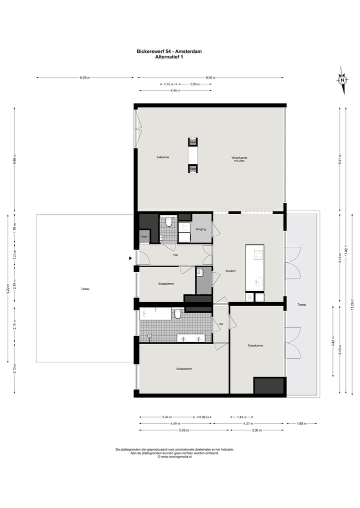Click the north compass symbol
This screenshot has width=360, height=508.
click(x=342, y=80)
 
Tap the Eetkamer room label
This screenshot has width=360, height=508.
click(x=163, y=157)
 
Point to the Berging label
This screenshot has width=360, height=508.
click(x=201, y=229)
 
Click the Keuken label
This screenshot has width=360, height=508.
click(x=230, y=271)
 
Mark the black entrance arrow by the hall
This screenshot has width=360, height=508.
click(x=130, y=258)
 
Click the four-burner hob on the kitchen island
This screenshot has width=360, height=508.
click(x=258, y=254)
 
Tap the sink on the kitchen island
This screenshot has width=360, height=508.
click(x=258, y=281)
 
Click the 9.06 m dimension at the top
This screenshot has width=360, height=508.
click(x=210, y=77)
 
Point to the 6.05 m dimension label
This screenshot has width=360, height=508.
click(x=84, y=77)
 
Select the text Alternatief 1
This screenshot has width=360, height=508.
click(x=169, y=56)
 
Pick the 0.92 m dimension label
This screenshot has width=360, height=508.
click(x=203, y=417)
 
